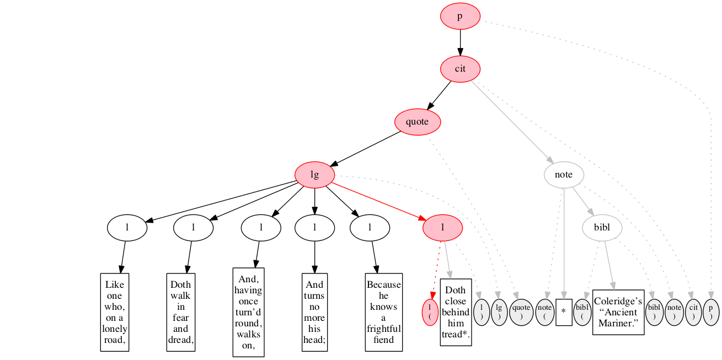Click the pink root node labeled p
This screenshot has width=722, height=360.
[460, 17]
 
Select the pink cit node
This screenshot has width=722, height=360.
[460, 69]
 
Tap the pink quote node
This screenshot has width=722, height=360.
[417, 122]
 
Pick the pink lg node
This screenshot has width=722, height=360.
[314, 175]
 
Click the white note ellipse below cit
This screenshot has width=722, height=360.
[564, 175]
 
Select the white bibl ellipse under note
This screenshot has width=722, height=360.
[602, 227]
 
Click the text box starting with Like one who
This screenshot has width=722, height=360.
[115, 312]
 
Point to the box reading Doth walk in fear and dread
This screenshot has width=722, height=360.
[181, 312]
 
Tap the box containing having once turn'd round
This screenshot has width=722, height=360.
[248, 312]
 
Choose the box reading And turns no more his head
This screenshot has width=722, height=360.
[314, 312]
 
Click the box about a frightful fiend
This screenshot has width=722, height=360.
[384, 312]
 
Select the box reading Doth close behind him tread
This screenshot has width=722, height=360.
[456, 312]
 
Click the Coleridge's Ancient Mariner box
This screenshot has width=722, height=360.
[618, 312]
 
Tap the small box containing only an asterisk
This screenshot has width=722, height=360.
[564, 312]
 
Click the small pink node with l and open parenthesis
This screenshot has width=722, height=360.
[429, 312]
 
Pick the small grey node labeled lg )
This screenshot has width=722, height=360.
[499, 312]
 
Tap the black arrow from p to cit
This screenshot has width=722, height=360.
[460, 43]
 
